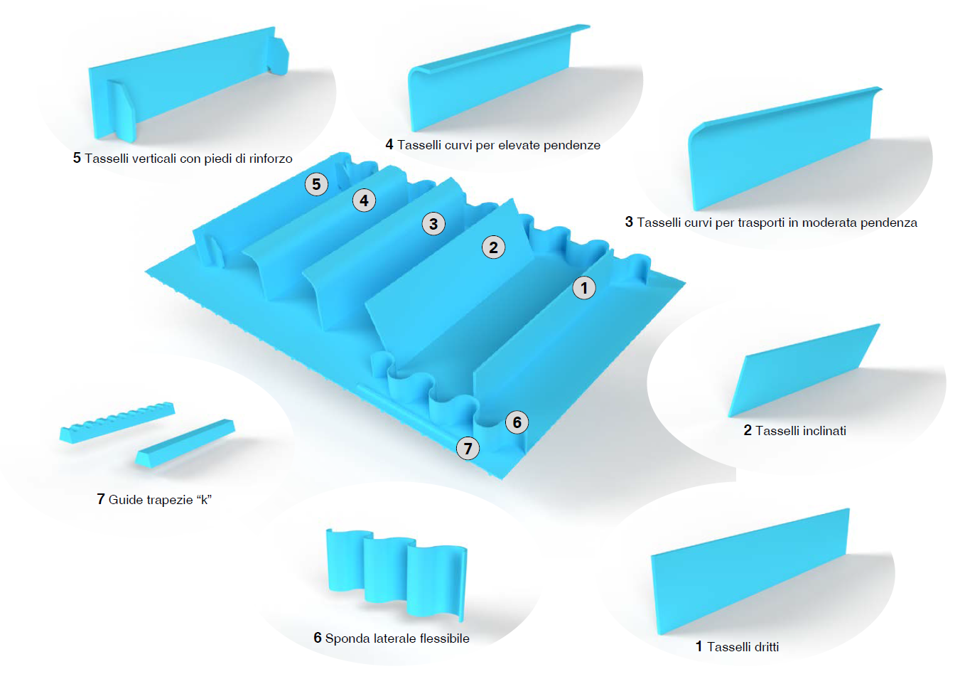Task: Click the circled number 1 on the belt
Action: (x=584, y=288)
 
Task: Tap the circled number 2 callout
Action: (x=493, y=247)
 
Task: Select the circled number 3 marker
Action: (x=433, y=224)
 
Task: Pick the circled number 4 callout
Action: (x=364, y=201)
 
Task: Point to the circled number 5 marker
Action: (x=316, y=184)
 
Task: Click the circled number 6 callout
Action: (x=517, y=422)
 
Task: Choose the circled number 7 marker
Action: (x=468, y=448)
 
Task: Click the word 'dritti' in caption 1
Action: (x=762, y=647)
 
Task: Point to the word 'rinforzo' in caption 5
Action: (x=270, y=159)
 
